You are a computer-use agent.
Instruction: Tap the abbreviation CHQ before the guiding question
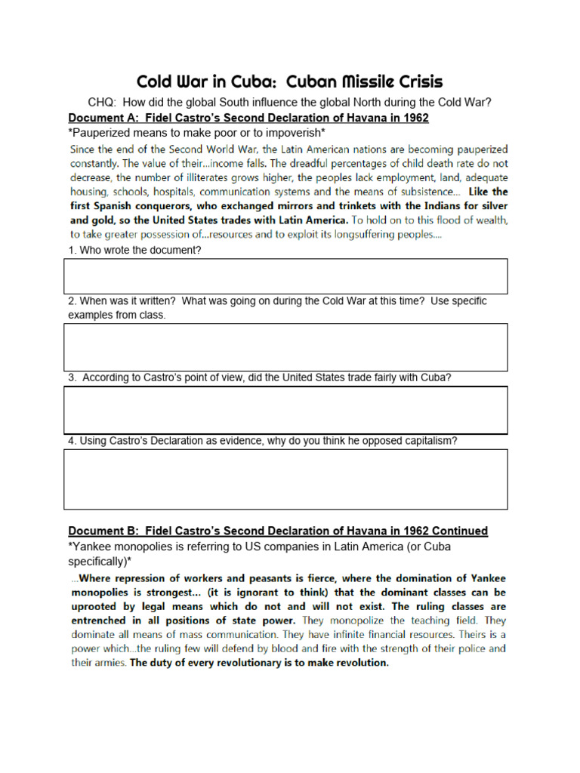click(103, 103)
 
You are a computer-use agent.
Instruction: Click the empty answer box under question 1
click(285, 276)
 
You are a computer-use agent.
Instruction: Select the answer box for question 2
click(285, 347)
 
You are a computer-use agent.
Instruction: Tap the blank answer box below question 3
click(285, 410)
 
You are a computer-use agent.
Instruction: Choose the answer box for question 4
click(285, 479)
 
